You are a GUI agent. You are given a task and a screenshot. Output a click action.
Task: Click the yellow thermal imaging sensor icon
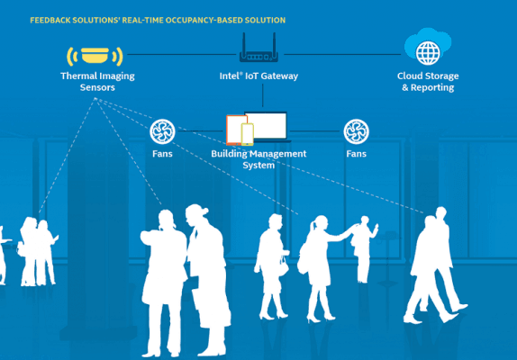[95, 55]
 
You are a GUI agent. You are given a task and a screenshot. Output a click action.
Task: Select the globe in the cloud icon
[428, 53]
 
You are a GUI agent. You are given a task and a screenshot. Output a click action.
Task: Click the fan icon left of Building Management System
[162, 131]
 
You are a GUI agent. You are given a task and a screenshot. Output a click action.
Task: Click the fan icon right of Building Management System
[356, 131]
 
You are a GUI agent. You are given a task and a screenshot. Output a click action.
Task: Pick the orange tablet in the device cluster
[235, 130]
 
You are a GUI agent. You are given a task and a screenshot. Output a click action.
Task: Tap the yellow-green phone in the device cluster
[248, 134]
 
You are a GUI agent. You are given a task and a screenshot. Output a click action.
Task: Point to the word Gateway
[278, 76]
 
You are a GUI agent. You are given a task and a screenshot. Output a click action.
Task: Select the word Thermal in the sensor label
[77, 76]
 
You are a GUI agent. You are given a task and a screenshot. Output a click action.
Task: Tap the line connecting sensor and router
[182, 54]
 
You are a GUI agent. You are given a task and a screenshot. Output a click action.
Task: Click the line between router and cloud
[342, 54]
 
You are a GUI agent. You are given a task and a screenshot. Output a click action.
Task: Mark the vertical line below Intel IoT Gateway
[262, 95]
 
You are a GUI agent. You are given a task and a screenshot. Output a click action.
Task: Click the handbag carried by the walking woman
[283, 266]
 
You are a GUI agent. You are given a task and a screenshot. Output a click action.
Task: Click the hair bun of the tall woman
[204, 211]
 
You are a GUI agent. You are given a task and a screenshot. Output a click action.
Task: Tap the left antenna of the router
[244, 43]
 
